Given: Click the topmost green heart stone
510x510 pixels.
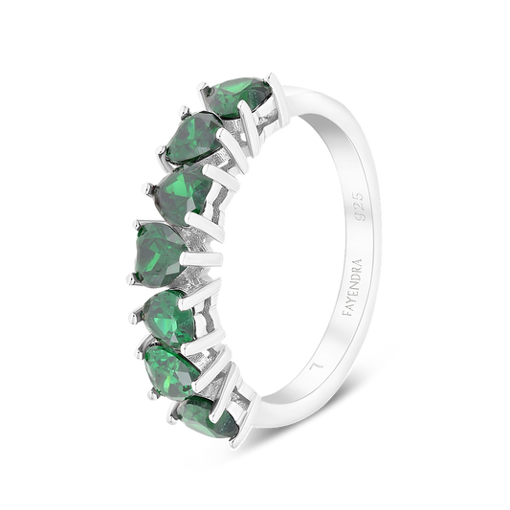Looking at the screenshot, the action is (241, 97).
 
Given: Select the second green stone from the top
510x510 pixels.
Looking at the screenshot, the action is (195, 137).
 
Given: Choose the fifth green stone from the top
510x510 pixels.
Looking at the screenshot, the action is (169, 318).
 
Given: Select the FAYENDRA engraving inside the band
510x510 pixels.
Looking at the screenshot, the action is (353, 287).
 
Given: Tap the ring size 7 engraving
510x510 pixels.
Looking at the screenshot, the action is (317, 366).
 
